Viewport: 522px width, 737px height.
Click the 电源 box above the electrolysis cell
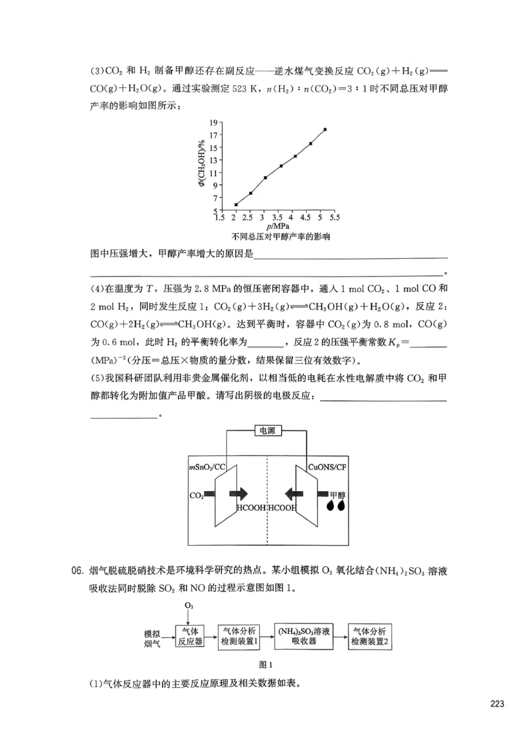tap(267, 430)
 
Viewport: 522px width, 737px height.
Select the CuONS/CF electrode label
tap(327, 468)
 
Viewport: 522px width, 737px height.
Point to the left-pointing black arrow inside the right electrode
tap(298, 495)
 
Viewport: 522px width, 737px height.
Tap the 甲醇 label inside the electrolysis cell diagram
tap(337, 495)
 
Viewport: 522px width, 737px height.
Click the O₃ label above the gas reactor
tap(189, 607)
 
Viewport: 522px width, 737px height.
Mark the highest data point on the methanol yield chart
tap(325, 129)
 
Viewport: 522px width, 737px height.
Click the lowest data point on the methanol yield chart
tap(236, 205)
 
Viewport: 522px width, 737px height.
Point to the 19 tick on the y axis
tap(213, 122)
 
